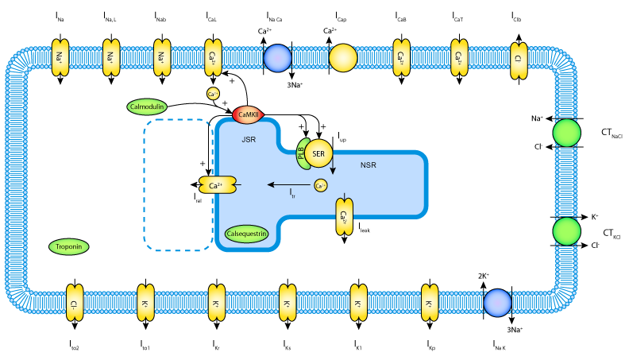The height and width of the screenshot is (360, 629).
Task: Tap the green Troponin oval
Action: tap(71, 247)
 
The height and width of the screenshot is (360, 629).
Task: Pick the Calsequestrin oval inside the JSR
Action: tap(246, 234)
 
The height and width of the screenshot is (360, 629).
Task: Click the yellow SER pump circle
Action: tap(318, 153)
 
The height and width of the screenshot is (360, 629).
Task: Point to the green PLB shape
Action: tap(302, 153)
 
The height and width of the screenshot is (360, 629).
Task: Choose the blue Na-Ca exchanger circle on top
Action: tap(277, 58)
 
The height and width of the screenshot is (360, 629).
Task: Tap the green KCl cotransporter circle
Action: tap(567, 232)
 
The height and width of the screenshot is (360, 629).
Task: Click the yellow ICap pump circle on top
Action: tap(343, 58)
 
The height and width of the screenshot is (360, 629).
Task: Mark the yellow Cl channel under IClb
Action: tap(517, 59)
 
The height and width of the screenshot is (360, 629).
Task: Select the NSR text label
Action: tap(369, 165)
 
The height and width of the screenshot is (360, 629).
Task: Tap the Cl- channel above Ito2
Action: tap(74, 304)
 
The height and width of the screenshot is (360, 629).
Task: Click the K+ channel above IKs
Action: tap(287, 304)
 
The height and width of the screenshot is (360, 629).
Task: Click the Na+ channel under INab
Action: tap(161, 58)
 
